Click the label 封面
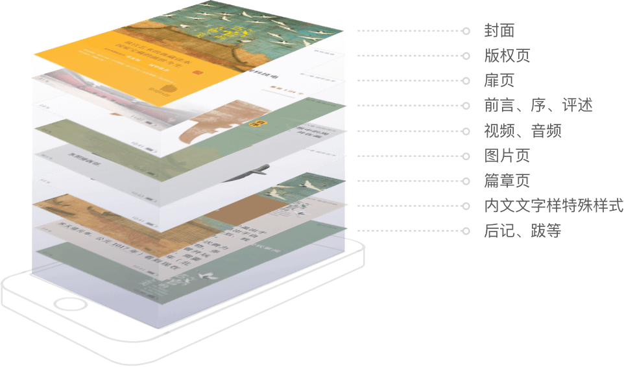499,30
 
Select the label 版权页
507,56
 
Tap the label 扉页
499,81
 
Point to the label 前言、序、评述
538,106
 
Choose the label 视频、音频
522,131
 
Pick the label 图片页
507,156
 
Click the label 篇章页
507,181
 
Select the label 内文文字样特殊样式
553,206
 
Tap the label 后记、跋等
522,231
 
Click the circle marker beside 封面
466,30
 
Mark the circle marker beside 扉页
466,81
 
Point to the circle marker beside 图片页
466,156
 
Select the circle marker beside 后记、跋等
466,231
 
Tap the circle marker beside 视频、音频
466,131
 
